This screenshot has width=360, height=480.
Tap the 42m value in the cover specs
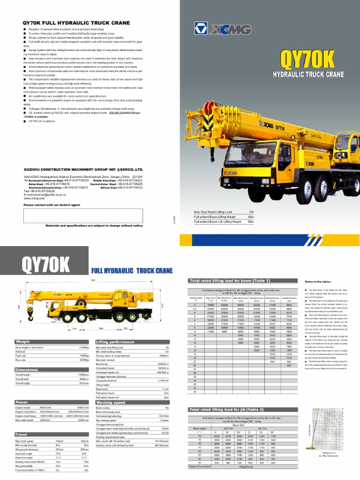[x=251, y=217]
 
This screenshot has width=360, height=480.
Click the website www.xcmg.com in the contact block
[x=34, y=198]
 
